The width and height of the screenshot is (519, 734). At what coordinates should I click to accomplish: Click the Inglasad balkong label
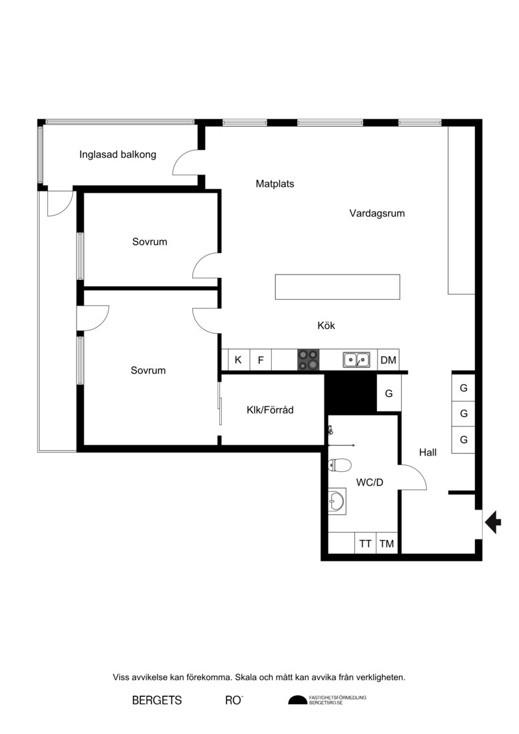tap(117, 154)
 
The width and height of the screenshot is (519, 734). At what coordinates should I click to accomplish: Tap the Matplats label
tap(274, 184)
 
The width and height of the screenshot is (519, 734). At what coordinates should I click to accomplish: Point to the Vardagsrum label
tap(377, 213)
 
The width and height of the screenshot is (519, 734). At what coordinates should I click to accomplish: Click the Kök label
tap(326, 325)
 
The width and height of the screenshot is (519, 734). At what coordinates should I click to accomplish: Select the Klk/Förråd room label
tap(270, 410)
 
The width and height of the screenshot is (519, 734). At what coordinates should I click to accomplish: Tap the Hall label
tap(428, 452)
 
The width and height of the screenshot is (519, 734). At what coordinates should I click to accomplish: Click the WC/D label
tap(370, 482)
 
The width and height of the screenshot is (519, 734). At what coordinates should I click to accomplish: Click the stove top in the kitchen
tap(308, 360)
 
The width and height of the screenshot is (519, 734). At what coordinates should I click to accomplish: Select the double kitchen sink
tap(357, 360)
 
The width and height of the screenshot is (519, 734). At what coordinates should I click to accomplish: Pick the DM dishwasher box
tap(389, 360)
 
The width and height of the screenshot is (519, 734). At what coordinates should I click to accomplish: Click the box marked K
tap(239, 360)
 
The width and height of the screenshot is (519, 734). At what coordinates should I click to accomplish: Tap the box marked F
tap(261, 360)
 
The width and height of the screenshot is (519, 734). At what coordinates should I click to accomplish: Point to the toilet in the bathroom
tap(340, 465)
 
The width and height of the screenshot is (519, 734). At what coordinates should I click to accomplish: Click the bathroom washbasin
tap(337, 502)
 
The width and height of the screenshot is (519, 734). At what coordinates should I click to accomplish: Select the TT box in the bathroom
tap(365, 543)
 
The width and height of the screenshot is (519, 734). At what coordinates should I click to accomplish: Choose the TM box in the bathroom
tap(387, 543)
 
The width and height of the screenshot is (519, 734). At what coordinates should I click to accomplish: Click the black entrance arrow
tap(493, 522)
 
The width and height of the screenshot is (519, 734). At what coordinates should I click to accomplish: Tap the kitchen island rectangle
tap(337, 287)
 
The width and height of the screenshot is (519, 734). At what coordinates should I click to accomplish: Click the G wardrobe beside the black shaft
tap(389, 393)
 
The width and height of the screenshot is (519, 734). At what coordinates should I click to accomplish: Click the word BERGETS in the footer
tap(157, 700)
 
